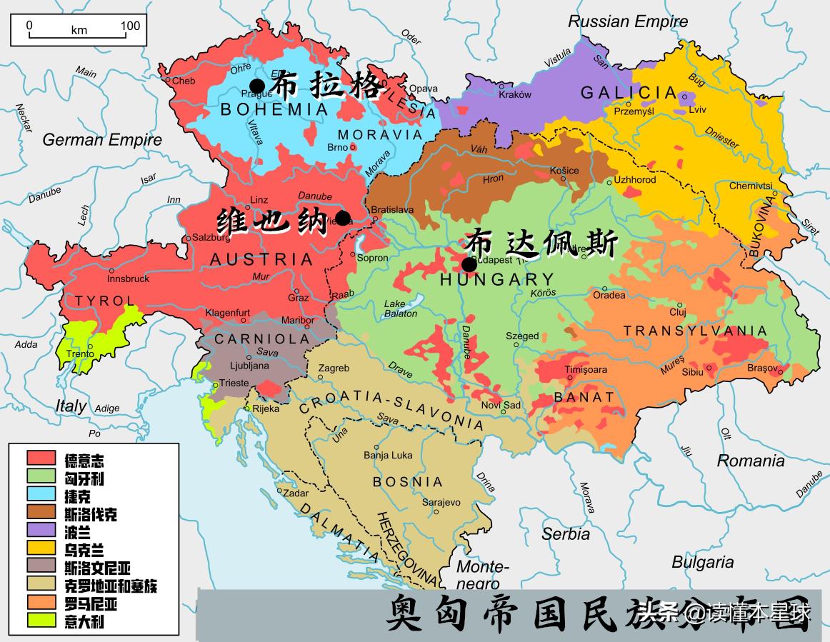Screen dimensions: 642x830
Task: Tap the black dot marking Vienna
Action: (343, 217)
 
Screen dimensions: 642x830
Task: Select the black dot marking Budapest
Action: (469, 264)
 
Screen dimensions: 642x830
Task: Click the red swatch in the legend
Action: (41, 457)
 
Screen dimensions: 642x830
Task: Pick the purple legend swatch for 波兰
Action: (41, 529)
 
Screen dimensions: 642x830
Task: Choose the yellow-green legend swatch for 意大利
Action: (41, 620)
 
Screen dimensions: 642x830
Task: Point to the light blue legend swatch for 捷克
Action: (41, 493)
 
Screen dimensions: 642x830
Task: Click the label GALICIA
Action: (629, 93)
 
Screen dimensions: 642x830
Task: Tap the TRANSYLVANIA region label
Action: (695, 331)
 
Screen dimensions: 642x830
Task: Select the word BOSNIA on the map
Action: (408, 482)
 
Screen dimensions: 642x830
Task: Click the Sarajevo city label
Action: (441, 502)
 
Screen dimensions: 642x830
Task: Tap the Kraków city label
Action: (515, 94)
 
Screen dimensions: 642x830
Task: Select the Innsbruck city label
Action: (109, 279)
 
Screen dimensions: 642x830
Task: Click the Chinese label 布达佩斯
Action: (541, 244)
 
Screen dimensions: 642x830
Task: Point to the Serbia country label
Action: (565, 533)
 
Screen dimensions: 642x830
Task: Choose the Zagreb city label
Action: (334, 368)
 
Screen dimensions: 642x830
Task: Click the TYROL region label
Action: (104, 301)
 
